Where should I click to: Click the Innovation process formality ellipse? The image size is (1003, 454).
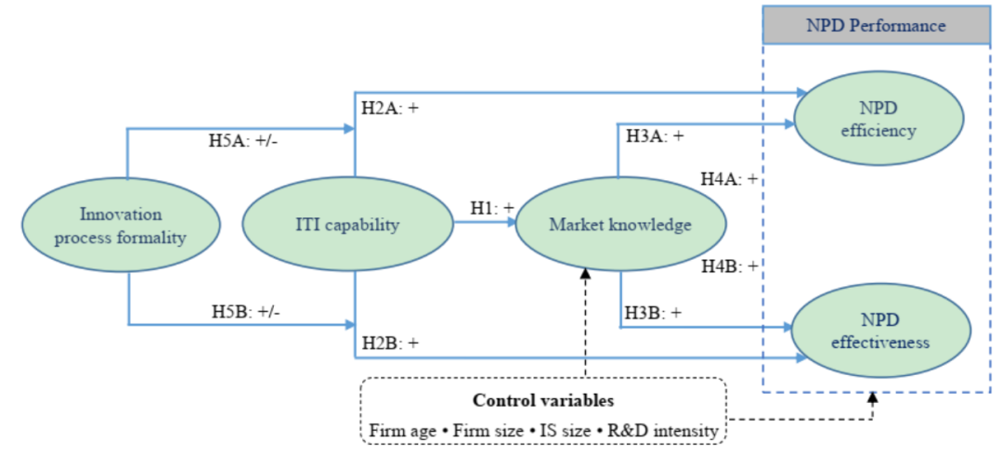click(x=121, y=225)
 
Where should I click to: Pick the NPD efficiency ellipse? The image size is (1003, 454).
click(x=878, y=119)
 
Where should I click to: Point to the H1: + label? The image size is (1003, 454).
click(x=490, y=208)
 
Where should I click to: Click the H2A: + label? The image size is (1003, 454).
click(x=390, y=109)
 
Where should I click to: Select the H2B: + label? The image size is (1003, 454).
click(x=390, y=342)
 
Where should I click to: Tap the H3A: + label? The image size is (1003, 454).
click(x=654, y=136)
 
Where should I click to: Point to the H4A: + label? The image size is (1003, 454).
click(x=729, y=179)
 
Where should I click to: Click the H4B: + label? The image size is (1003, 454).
click(x=729, y=266)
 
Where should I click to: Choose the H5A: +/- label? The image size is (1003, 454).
click(x=243, y=144)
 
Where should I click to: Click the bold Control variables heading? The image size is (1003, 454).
click(x=543, y=401)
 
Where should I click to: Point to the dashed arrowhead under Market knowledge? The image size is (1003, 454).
click(x=586, y=271)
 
